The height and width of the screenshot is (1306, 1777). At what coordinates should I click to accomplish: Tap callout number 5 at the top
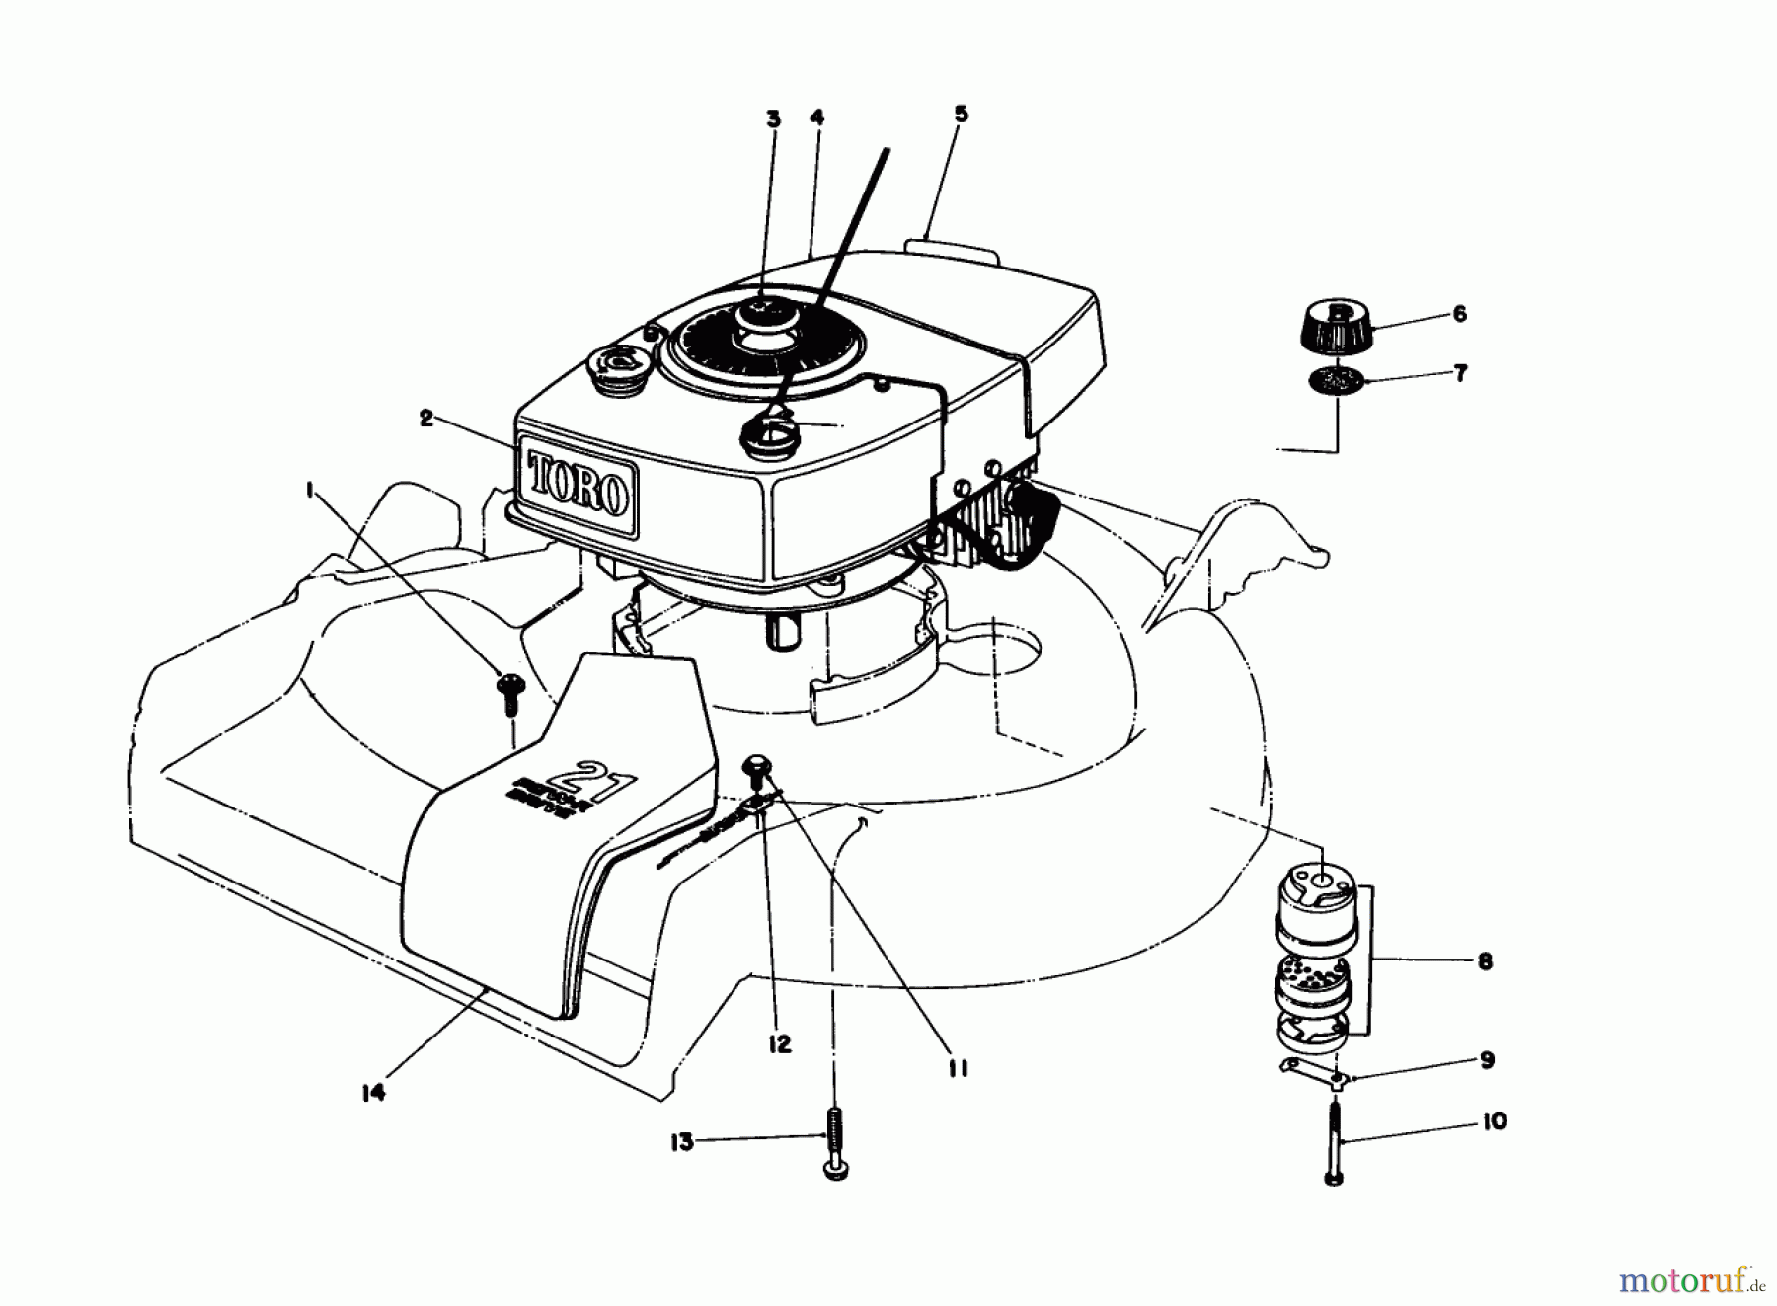point(961,114)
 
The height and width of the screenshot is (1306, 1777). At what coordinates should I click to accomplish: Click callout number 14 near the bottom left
point(372,1092)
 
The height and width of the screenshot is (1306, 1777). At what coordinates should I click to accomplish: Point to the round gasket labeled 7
point(1338,380)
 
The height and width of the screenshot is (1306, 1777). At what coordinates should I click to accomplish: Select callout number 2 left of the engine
point(425,418)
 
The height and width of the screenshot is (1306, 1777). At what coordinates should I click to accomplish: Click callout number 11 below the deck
point(957,1068)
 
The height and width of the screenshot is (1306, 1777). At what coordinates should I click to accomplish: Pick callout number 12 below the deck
point(780,1043)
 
